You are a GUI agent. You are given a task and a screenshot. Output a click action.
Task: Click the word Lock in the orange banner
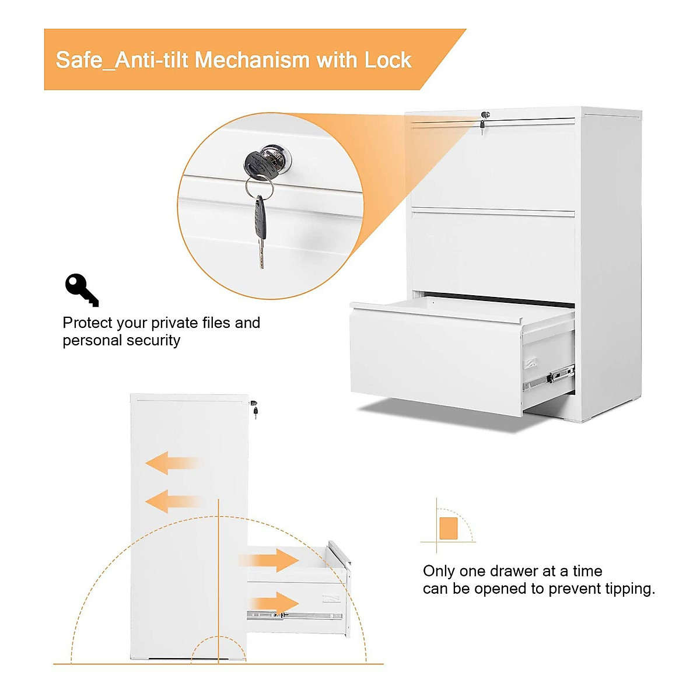pyautogui.click(x=388, y=60)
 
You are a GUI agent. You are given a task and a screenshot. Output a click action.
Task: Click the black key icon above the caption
pyautogui.click(x=81, y=289)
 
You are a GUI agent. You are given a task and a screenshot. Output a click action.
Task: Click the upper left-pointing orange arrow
pyautogui.click(x=172, y=463)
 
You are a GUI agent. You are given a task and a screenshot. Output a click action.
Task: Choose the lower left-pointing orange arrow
pyautogui.click(x=172, y=501)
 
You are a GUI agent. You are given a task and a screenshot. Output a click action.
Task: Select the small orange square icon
pyautogui.click(x=448, y=528)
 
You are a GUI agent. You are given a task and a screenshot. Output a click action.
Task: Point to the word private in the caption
pyautogui.click(x=175, y=323)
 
